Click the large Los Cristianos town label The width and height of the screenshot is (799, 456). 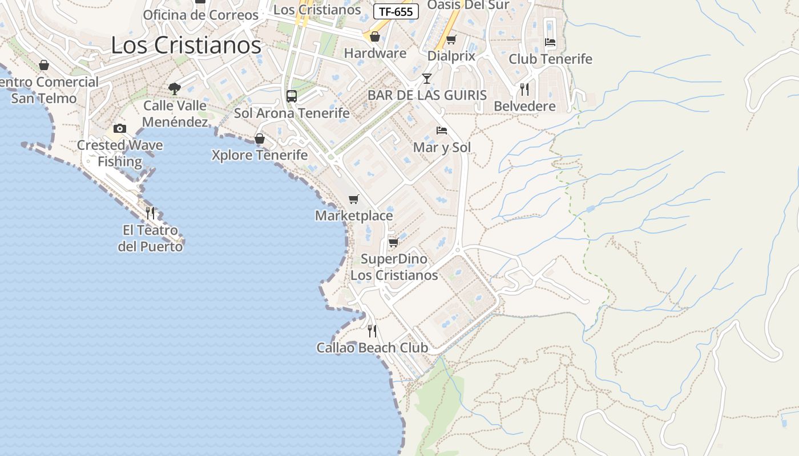tap(186, 45)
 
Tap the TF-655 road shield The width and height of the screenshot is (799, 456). tap(396, 12)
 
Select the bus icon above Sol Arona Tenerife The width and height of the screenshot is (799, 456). tap(292, 96)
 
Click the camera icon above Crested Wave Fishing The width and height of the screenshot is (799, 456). tap(120, 128)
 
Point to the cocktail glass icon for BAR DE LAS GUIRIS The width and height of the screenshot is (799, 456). tap(427, 78)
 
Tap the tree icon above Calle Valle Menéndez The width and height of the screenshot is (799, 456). tap(175, 88)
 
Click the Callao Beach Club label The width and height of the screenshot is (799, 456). tap(372, 348)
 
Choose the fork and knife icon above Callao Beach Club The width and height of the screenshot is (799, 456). tap(372, 331)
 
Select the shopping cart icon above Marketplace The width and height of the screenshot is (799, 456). tap(354, 199)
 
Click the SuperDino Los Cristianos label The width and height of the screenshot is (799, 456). tap(394, 267)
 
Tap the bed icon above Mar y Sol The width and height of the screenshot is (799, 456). tap(442, 131)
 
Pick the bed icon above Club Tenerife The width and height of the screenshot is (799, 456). tap(550, 42)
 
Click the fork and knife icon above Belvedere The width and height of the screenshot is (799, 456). tap(524, 89)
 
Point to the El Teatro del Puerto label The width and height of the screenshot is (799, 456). tap(151, 238)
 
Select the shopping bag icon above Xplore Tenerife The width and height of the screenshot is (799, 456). tap(260, 139)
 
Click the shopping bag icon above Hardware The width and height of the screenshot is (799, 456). tap(375, 36)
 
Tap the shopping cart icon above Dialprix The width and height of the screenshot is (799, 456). tap(451, 40)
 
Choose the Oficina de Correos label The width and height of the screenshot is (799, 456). tap(201, 15)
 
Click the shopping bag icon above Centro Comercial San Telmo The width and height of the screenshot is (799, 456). tap(44, 65)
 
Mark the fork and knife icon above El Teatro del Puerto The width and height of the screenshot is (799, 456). tap(151, 213)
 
